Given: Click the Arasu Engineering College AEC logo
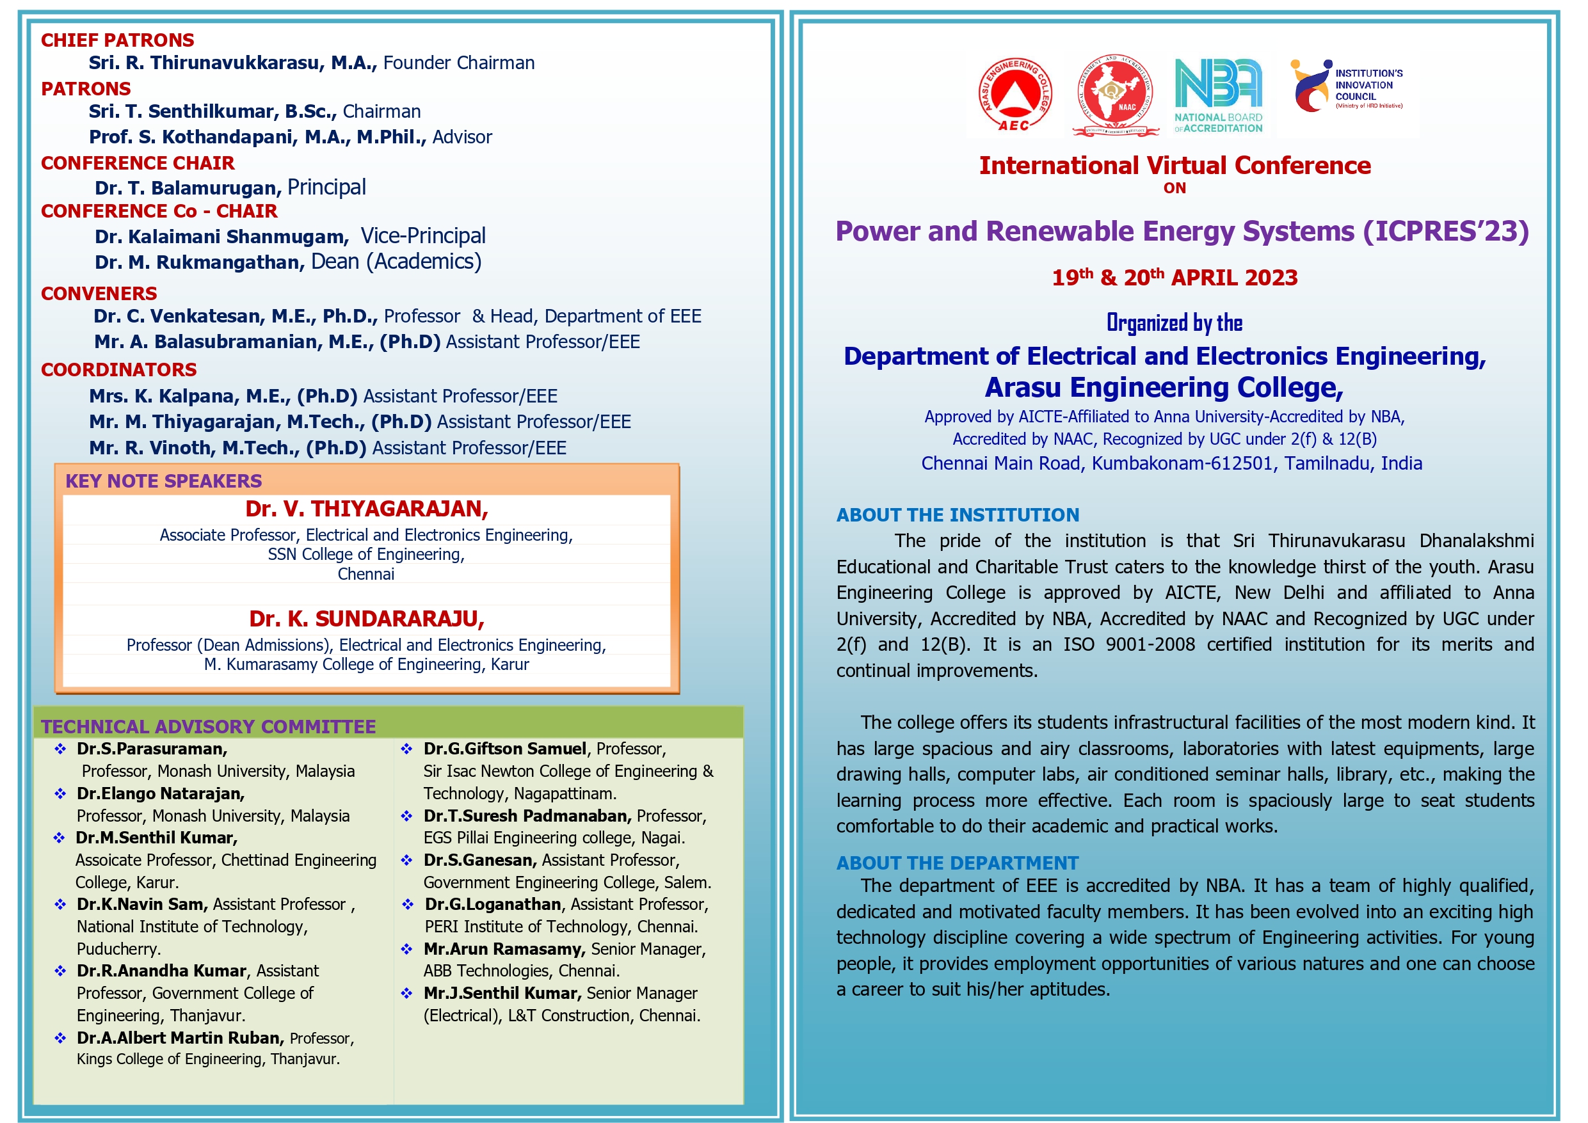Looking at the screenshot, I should [1015, 95].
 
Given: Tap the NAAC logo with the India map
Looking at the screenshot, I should [1115, 95].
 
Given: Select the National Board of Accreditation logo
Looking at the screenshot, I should [1218, 95].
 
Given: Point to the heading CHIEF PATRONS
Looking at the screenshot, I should [118, 40].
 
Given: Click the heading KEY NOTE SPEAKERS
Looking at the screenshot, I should [163, 481].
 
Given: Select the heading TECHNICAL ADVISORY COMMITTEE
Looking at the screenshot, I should [208, 727].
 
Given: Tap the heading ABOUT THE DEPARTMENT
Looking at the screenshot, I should [958, 863].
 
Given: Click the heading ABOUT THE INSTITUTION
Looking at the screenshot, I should [958, 515].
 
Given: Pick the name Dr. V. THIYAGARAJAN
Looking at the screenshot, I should [367, 509].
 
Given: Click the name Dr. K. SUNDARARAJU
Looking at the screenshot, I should [367, 619].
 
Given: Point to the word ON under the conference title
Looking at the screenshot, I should [1175, 188].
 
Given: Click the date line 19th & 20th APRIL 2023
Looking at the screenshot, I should [1175, 278].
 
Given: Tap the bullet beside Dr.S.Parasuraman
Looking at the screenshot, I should [60, 749].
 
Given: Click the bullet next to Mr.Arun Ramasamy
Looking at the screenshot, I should [406, 950].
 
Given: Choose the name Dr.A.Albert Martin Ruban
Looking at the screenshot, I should [180, 1038].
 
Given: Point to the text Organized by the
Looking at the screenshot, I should [1175, 323].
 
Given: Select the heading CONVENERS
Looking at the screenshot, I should [99, 294].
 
